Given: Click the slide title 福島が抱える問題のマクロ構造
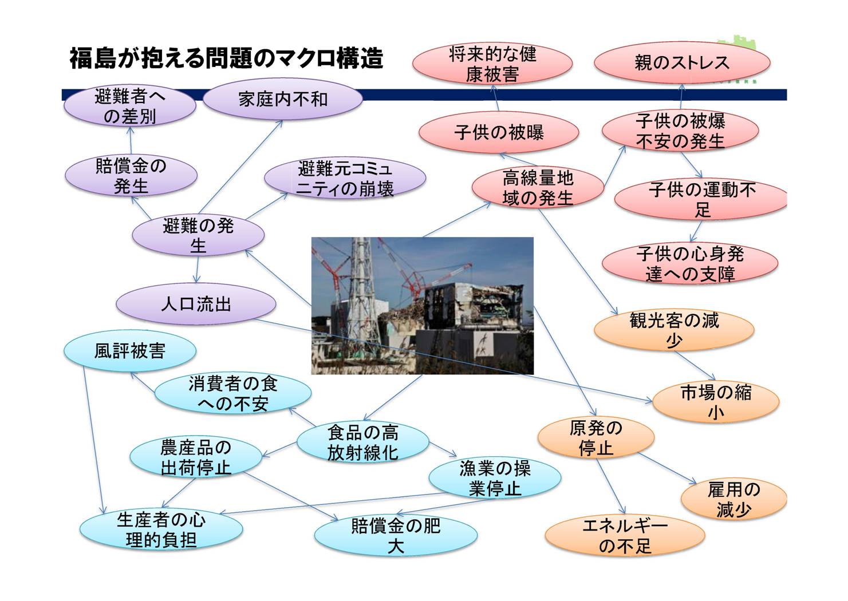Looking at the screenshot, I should pyautogui.click(x=226, y=58).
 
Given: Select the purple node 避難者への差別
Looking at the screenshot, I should pyautogui.click(x=130, y=106).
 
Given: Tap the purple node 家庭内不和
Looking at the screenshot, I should pyautogui.click(x=282, y=100).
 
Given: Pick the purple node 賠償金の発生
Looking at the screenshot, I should pyautogui.click(x=131, y=176).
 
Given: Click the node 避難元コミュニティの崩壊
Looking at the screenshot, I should pyautogui.click(x=345, y=179).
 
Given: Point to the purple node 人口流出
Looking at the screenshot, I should pyautogui.click(x=196, y=304).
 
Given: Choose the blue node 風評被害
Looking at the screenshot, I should pyautogui.click(x=130, y=350).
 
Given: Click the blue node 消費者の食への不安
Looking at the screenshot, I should pyautogui.click(x=233, y=394).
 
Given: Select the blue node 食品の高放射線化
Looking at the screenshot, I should pyautogui.click(x=363, y=442).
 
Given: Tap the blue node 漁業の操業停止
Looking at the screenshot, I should pyautogui.click(x=495, y=479).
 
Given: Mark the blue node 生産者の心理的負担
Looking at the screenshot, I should pyautogui.click(x=161, y=529).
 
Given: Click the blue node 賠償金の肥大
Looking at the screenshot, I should pyautogui.click(x=396, y=535).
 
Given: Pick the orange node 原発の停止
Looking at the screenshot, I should pyautogui.click(x=595, y=438).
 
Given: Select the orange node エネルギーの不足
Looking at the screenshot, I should pyautogui.click(x=625, y=536).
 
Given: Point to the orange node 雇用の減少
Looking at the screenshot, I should pyautogui.click(x=733, y=499).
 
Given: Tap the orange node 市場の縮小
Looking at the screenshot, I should pyautogui.click(x=716, y=402).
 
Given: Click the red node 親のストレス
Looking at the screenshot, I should pyautogui.click(x=681, y=62).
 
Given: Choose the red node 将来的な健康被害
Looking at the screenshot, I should pyautogui.click(x=492, y=64).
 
